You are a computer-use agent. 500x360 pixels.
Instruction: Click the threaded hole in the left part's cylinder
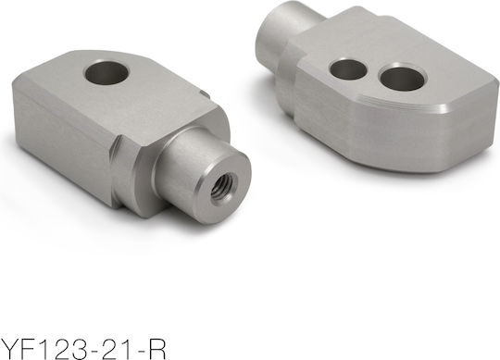[222, 186]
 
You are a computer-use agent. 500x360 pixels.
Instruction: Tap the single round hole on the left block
[107, 73]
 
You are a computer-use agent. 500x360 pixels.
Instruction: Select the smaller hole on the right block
[348, 68]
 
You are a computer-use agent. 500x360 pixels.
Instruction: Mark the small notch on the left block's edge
[204, 93]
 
